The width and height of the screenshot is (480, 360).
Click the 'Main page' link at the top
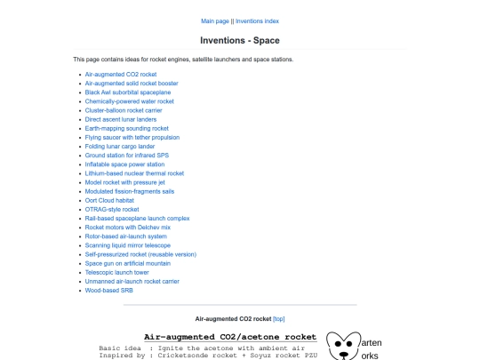215,20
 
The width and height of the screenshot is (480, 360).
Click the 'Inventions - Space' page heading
240,41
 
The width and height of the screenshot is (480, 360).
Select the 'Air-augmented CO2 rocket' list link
121,74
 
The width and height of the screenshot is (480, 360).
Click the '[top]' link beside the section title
279,318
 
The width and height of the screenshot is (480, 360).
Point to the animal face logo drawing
343,346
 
